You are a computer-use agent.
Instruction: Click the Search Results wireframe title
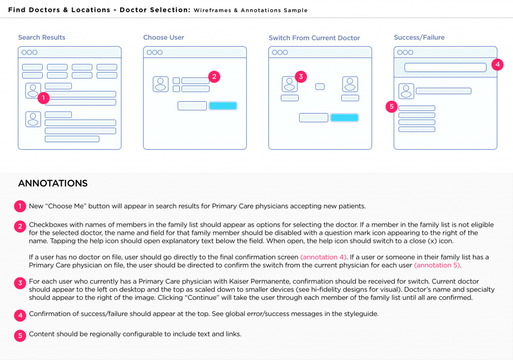pos(42,38)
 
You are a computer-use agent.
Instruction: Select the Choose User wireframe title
pos(163,38)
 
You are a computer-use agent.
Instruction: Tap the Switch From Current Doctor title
pos(314,38)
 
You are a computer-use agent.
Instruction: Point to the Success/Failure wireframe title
pos(419,38)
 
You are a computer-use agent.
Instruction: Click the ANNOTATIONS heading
pos(53,183)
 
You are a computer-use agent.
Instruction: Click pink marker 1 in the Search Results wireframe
pos(44,98)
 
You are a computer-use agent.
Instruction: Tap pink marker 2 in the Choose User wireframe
pos(214,77)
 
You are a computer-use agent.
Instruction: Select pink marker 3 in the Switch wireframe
pos(301,77)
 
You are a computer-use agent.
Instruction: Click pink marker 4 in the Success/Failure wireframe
pos(496,64)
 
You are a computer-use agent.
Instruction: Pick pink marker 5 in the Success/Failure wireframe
pos(392,107)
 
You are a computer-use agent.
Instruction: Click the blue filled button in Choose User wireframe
pos(223,106)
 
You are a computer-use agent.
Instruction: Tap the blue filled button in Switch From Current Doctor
pos(345,118)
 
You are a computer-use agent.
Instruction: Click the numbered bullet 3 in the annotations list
pos(20,283)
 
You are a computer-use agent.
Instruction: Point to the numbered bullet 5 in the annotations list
pos(20,335)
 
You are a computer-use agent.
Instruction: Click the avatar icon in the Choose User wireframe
pos(160,84)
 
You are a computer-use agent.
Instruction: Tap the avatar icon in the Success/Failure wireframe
pos(406,91)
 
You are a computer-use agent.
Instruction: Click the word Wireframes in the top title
pos(211,11)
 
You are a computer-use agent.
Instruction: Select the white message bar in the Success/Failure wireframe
pos(445,68)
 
